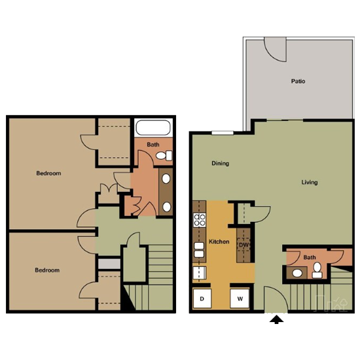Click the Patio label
[298, 82]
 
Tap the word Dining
[220, 164]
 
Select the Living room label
[309, 183]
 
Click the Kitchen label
[219, 242]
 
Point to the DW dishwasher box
[243, 245]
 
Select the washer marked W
[240, 298]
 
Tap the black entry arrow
[278, 319]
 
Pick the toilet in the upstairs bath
[166, 156]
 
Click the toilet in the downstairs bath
[298, 273]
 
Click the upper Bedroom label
[48, 173]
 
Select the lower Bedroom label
[47, 270]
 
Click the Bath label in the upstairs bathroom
[153, 145]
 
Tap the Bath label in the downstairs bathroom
[309, 258]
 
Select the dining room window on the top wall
[223, 133]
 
